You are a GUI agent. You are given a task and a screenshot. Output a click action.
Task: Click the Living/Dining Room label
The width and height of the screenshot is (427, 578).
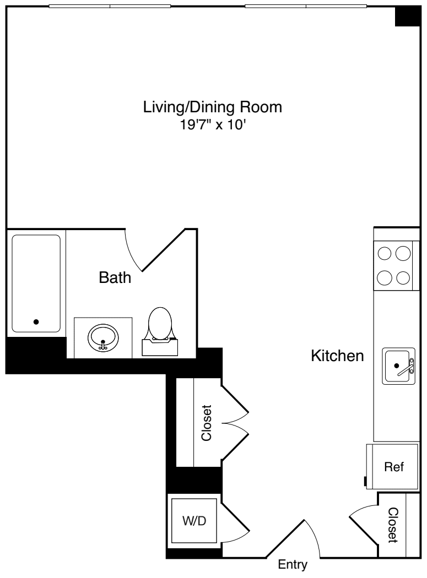click(x=213, y=107)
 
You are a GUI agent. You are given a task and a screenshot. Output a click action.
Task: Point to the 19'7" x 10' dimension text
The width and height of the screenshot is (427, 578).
click(x=213, y=125)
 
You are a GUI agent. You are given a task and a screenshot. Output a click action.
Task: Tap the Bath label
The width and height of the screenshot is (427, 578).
click(x=115, y=278)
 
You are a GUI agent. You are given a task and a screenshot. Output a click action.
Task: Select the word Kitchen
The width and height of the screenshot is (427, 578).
click(x=338, y=356)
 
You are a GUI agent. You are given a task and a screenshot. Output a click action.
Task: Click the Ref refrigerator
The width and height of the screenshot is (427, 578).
click(x=394, y=467)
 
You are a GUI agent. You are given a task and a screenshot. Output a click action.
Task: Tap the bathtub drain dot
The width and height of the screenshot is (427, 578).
click(x=36, y=322)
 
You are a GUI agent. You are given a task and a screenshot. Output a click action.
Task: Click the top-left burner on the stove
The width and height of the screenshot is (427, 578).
click(x=385, y=253)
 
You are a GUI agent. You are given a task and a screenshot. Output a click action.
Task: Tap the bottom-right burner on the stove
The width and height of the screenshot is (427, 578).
click(x=403, y=277)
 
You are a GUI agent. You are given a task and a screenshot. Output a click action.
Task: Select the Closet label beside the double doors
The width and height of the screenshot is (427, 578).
click(x=207, y=423)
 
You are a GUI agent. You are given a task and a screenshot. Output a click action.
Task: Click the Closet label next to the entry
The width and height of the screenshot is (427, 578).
click(x=392, y=525)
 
